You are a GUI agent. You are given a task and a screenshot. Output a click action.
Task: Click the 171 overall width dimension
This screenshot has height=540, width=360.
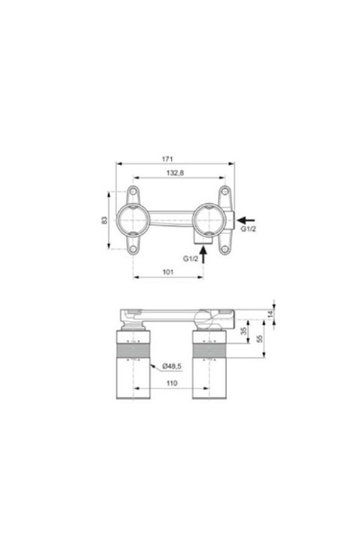pyautogui.click(x=180, y=158)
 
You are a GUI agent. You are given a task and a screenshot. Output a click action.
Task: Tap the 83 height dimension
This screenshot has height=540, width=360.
pyautogui.click(x=105, y=220)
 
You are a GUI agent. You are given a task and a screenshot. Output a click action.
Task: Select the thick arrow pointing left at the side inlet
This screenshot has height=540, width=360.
pyautogui.click(x=246, y=219)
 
